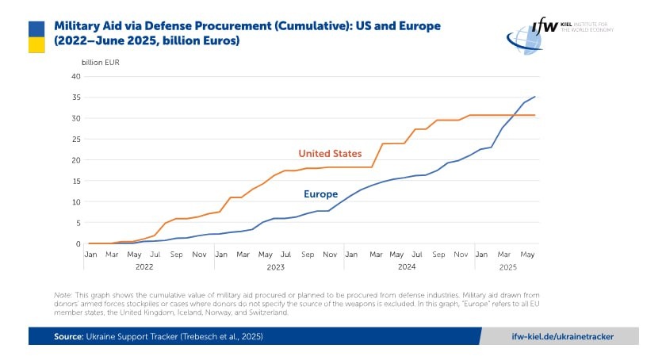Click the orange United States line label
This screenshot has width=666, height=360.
330,153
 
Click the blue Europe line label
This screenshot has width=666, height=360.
320,194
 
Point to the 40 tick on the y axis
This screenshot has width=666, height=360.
76,77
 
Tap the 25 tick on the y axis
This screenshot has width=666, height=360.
76,140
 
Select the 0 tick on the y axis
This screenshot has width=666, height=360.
78,243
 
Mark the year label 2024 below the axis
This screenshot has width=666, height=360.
407,267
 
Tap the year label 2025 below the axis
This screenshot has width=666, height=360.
508,267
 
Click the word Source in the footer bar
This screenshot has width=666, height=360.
69,336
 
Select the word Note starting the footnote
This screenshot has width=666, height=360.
62,294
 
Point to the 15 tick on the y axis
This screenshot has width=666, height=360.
76,181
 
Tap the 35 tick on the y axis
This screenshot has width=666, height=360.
76,98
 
